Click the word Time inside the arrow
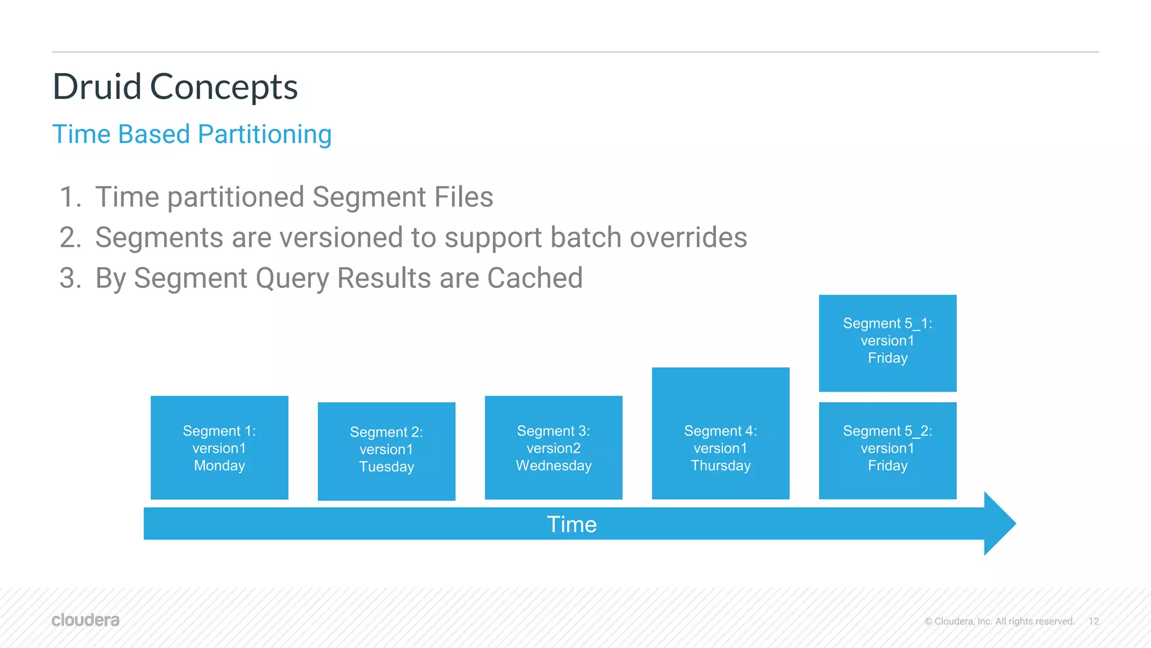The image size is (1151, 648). (572, 524)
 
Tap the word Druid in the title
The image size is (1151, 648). (97, 87)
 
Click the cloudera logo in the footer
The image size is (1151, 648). (85, 620)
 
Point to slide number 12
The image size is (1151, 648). (1093, 621)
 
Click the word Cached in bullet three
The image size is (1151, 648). (534, 278)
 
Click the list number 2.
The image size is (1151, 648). (70, 237)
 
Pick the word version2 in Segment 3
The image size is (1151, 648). (554, 448)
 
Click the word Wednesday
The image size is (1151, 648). (554, 466)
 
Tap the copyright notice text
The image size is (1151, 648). (999, 621)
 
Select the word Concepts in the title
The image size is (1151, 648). (224, 87)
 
